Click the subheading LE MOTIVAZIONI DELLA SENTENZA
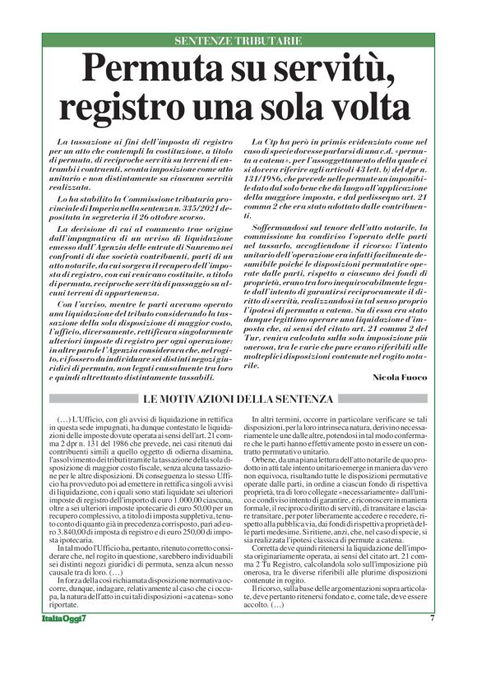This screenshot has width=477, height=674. click(238, 399)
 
